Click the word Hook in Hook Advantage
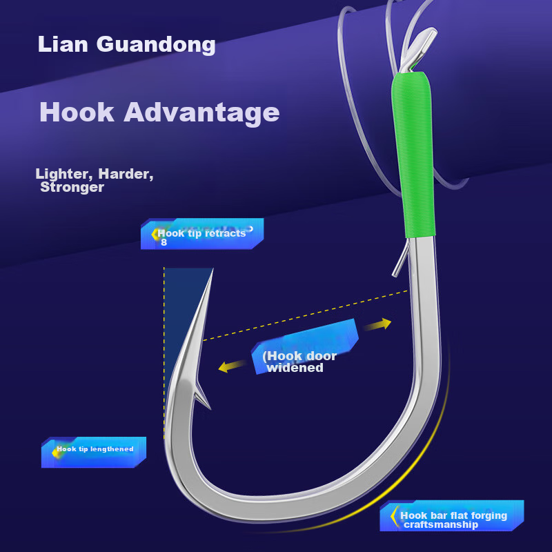point(77,112)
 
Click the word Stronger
point(72,188)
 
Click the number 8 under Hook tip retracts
point(164,242)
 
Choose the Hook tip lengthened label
point(95,449)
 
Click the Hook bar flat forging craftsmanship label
point(453,520)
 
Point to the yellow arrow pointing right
point(377,324)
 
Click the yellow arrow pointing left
point(232,367)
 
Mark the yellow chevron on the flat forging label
point(394,516)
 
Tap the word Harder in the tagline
point(124,175)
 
